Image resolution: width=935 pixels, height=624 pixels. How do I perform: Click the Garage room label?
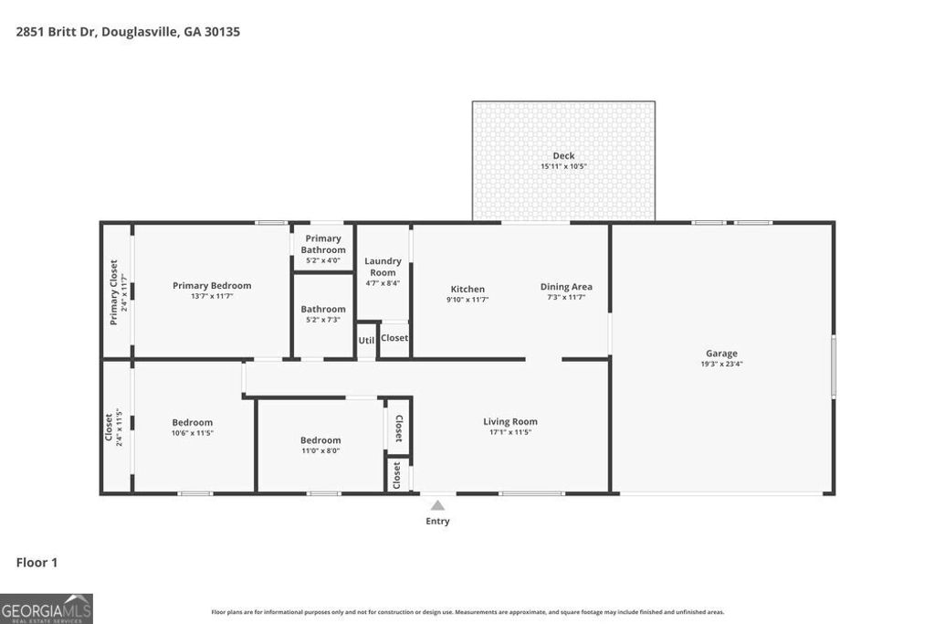tap(720, 354)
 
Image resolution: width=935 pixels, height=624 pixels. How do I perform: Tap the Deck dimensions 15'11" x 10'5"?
tap(563, 166)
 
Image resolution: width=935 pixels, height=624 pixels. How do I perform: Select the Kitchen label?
tap(467, 289)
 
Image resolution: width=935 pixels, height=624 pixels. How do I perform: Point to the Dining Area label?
tap(566, 287)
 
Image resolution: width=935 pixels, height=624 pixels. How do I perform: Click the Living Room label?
tap(510, 421)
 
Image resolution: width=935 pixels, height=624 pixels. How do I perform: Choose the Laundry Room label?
tap(383, 267)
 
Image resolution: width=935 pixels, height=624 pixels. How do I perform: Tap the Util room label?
tap(366, 340)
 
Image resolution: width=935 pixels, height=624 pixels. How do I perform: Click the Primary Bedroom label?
tap(212, 285)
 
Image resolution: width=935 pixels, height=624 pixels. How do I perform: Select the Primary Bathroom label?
tap(323, 244)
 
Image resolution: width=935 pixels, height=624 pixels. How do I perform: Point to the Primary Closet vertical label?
tap(114, 292)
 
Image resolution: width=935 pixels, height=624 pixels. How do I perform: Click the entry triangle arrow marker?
tap(437, 505)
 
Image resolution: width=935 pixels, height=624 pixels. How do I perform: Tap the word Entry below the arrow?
tap(437, 522)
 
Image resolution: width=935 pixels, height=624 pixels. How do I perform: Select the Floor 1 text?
tap(37, 563)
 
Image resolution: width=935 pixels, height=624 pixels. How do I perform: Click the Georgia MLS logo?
tap(46, 608)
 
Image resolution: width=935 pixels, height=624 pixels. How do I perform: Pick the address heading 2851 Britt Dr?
tap(127, 31)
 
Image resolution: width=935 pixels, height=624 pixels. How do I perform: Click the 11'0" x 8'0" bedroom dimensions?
tap(320, 450)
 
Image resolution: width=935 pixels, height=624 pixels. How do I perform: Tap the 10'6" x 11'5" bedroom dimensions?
tap(192, 433)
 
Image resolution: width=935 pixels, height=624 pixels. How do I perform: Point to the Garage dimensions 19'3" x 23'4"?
tap(720, 365)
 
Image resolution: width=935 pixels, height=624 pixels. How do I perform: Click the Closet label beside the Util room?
tap(394, 338)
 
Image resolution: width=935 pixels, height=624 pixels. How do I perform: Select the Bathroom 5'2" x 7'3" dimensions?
tap(323, 320)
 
